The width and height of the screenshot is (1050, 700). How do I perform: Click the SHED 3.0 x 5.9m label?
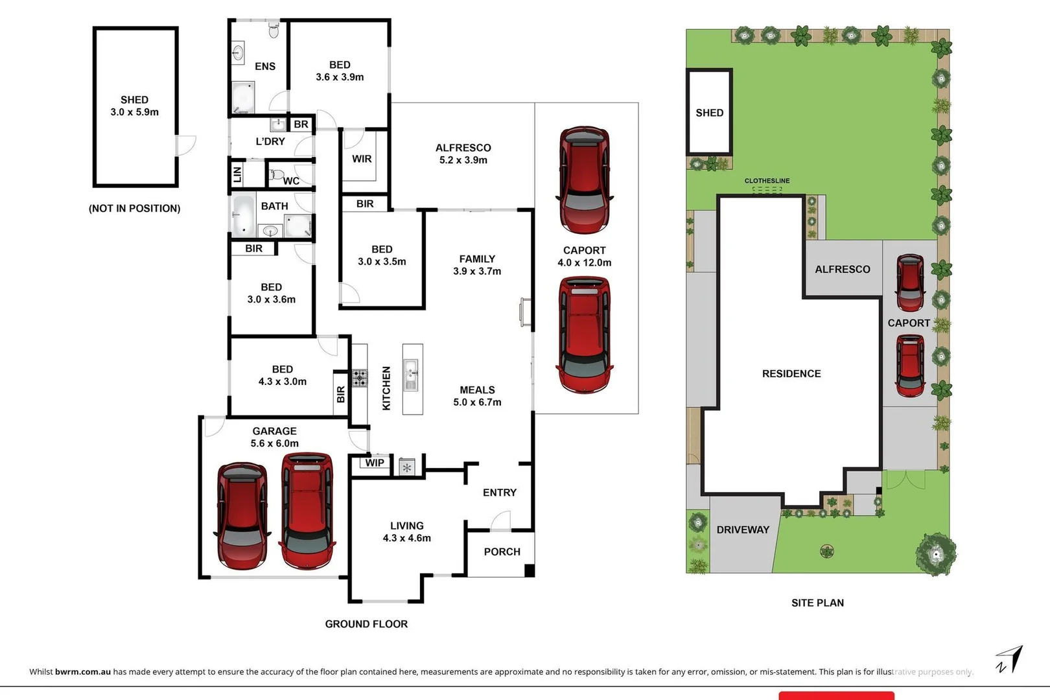[x=135, y=106]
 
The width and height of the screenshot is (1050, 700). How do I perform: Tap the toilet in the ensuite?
[x=274, y=30]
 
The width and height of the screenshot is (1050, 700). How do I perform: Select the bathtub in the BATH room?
[x=244, y=215]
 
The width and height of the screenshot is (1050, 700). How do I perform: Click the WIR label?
[x=362, y=159]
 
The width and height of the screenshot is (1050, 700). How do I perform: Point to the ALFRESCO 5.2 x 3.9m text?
[x=463, y=154]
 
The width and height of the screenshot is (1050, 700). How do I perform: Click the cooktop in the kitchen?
[x=360, y=378]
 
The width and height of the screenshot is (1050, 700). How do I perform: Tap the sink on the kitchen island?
[x=411, y=375]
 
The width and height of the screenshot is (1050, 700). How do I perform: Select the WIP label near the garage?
[x=375, y=463]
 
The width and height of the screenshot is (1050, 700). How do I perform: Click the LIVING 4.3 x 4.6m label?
[x=407, y=531]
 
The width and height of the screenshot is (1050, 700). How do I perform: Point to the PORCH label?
[x=502, y=552]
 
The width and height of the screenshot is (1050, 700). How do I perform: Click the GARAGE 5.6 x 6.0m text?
[x=274, y=437]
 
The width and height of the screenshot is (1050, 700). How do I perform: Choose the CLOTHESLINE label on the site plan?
[x=767, y=180]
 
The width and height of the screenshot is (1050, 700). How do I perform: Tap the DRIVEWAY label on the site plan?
[x=743, y=530]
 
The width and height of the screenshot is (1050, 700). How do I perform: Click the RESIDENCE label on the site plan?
[x=791, y=374]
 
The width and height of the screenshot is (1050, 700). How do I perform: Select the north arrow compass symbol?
[x=1010, y=659]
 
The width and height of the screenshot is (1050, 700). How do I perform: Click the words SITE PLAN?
[x=817, y=603]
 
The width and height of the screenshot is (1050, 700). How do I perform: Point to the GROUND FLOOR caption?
[x=366, y=624]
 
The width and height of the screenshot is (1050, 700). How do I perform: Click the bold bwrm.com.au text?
[x=83, y=671]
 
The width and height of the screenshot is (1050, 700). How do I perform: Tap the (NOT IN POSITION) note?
[x=135, y=209]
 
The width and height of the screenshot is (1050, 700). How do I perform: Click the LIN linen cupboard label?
[x=238, y=174]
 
